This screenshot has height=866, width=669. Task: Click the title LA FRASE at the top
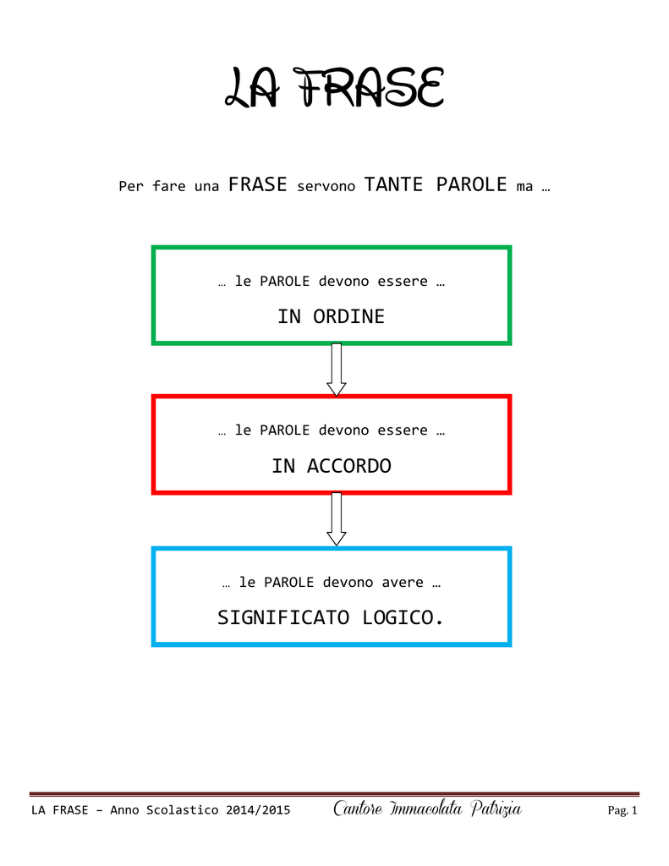coord(334,87)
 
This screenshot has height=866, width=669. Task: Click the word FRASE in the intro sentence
coord(257,184)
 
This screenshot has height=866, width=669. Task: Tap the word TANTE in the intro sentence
coord(393,184)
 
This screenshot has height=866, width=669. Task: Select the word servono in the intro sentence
coord(326,187)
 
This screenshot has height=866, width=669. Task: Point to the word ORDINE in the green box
coord(348,316)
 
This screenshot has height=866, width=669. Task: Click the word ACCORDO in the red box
coord(349,466)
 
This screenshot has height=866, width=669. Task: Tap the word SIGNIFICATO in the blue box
coord(283,617)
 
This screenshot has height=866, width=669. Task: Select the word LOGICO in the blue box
coord(398,617)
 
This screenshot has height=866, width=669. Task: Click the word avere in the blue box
coord(403,583)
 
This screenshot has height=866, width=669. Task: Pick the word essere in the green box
coord(403,282)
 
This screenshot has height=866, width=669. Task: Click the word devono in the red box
coord(343,430)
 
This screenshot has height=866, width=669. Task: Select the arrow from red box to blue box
coord(337,519)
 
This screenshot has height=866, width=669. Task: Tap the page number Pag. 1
coord(622,810)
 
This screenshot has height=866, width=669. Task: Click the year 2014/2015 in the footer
coord(258,810)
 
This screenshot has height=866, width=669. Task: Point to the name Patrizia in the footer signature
coord(496,808)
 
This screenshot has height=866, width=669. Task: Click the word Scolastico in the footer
coord(183,810)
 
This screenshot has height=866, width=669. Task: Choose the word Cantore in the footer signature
coord(358,808)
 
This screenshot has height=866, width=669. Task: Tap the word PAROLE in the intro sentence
coord(471,184)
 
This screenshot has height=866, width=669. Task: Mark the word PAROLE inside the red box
coord(284,430)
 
